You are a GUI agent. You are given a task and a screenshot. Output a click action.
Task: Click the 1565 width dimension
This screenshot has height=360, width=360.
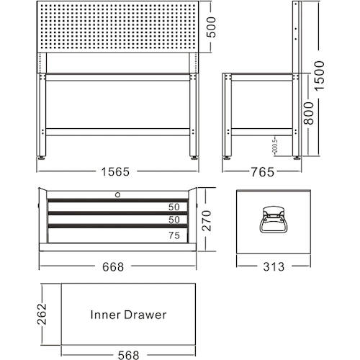(x=115, y=172)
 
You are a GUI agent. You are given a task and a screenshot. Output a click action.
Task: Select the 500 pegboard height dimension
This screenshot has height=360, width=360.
(x=211, y=27)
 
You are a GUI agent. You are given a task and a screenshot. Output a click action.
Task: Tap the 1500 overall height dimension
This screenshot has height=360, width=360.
(x=320, y=76)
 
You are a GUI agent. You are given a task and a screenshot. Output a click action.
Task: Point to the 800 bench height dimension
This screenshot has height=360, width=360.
(x=309, y=113)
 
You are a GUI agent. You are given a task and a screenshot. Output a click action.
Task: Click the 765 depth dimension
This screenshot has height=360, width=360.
(x=263, y=172)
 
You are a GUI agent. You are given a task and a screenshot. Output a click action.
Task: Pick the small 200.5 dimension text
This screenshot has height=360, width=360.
(x=275, y=145)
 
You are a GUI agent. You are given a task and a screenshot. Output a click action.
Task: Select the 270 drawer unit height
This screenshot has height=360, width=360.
(x=207, y=221)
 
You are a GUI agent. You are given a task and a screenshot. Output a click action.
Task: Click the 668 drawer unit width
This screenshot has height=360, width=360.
(x=113, y=267)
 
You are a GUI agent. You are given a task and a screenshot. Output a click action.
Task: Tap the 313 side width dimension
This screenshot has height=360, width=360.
(x=274, y=266)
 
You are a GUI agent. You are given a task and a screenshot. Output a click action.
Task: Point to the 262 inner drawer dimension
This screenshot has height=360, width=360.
(x=42, y=314)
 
